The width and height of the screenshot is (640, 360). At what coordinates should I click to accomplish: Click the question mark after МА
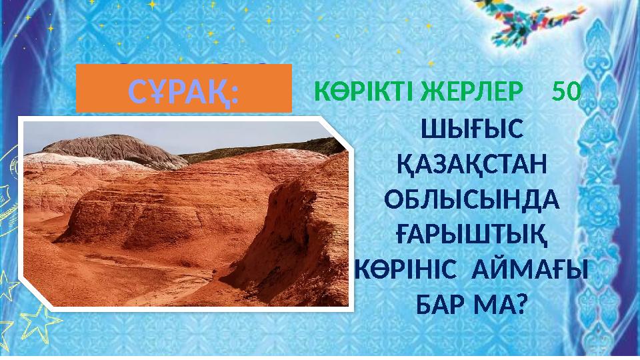(x=521, y=307)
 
